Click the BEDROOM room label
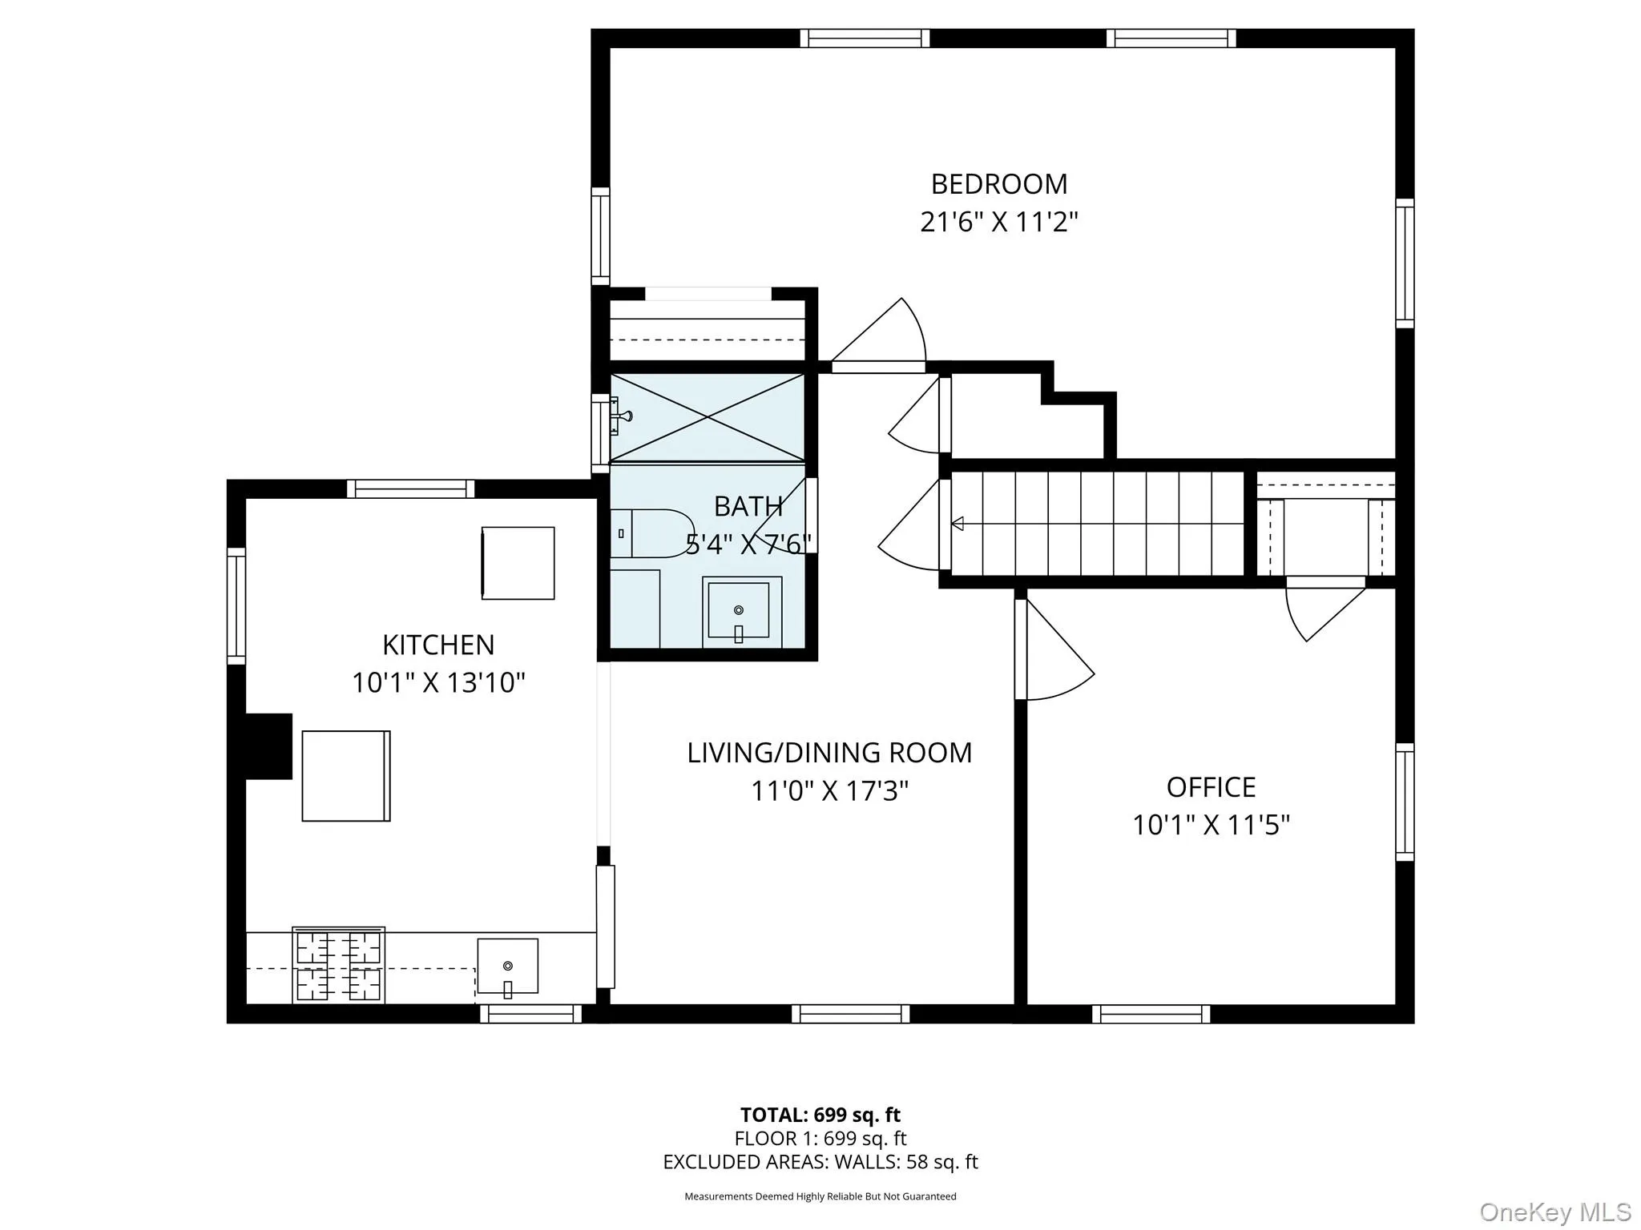click(998, 184)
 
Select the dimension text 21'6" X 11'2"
click(998, 222)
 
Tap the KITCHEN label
click(437, 645)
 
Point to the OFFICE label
click(1210, 787)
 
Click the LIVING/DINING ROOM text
click(829, 753)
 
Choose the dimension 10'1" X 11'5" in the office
click(1210, 825)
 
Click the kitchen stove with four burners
click(338, 966)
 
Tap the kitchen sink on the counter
click(507, 967)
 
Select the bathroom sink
click(738, 611)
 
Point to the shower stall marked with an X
click(707, 417)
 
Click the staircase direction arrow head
click(957, 524)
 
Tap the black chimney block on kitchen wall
click(268, 746)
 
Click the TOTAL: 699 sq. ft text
click(820, 1115)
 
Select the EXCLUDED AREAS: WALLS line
click(820, 1162)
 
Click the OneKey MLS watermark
click(1554, 1212)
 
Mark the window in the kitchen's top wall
click(410, 488)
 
